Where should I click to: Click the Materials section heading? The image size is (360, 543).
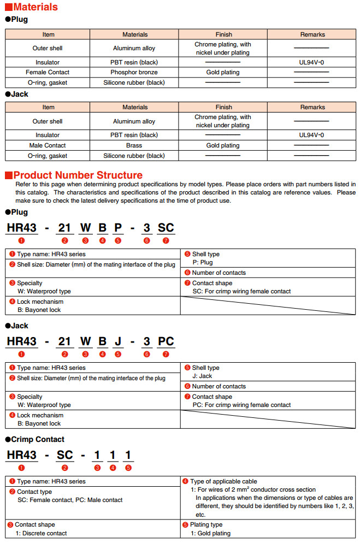(x=35, y=7)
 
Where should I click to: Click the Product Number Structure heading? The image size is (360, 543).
(x=78, y=175)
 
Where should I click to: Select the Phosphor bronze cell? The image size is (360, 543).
(x=134, y=72)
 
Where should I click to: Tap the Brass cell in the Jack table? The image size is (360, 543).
(x=134, y=145)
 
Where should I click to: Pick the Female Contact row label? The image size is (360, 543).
(x=48, y=72)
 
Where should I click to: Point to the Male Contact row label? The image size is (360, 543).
(x=48, y=145)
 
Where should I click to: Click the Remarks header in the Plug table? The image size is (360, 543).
(x=312, y=34)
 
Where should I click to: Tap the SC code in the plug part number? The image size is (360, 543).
(x=166, y=228)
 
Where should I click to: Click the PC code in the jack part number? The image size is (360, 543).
(x=166, y=341)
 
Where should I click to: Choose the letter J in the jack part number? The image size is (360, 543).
(x=117, y=341)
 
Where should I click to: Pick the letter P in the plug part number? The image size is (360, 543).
(x=117, y=228)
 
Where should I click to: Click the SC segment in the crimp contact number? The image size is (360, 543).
(x=65, y=455)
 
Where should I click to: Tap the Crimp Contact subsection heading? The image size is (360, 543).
(x=38, y=439)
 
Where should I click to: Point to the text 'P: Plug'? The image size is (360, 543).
(x=203, y=262)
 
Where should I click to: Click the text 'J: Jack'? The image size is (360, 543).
(x=203, y=376)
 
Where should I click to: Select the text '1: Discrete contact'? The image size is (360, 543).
(x=41, y=533)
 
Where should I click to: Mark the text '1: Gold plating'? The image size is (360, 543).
(x=210, y=533)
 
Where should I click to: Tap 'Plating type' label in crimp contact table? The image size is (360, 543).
(x=208, y=524)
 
